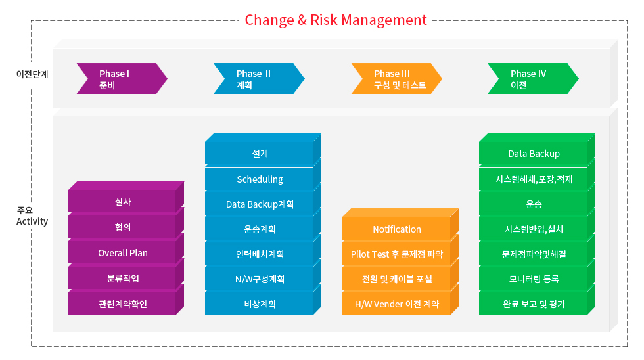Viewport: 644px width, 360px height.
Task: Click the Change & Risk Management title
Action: [x=336, y=20]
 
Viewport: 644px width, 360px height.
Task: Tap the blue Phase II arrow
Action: [x=259, y=78]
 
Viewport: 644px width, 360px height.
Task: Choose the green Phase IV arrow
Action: [x=533, y=78]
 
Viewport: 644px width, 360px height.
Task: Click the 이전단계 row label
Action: [x=32, y=74]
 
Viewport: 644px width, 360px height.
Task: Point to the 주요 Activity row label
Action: [x=32, y=216]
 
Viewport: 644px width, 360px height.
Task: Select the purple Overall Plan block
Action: [x=122, y=253]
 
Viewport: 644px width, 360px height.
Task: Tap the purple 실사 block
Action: [x=122, y=202]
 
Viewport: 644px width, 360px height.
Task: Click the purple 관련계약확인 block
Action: [x=122, y=304]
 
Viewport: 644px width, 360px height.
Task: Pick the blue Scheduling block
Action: [x=260, y=179]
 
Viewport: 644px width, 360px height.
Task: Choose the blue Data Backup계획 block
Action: [x=260, y=204]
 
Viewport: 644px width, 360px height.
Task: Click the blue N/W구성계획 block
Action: [x=260, y=279]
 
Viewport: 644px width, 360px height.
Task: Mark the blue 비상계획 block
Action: [x=260, y=304]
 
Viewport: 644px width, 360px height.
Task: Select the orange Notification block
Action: [x=397, y=229]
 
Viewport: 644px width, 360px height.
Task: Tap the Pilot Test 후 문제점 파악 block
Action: [x=397, y=254]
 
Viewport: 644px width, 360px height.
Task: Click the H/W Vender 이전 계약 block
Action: [x=397, y=304]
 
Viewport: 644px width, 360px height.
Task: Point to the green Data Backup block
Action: [x=534, y=154]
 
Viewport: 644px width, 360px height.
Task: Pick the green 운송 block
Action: [x=534, y=204]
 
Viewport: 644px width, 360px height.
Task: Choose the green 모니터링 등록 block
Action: [x=534, y=279]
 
